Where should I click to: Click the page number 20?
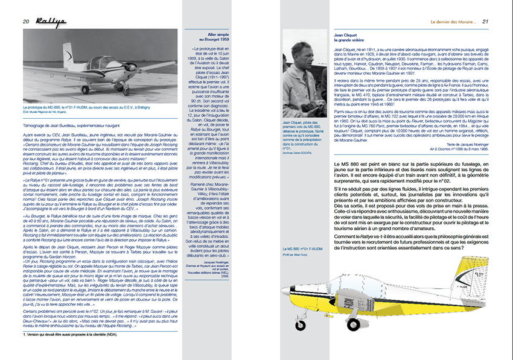coord(27,22)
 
